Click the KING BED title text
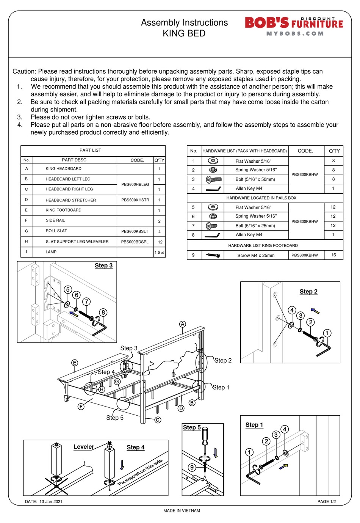click(184, 34)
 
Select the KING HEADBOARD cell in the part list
click(63, 169)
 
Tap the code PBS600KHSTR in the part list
click(135, 200)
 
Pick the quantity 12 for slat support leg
click(160, 242)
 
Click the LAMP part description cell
click(51, 252)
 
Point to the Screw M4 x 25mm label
click(256, 255)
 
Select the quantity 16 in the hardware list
click(333, 255)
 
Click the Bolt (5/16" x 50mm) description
click(255, 179)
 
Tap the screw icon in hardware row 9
click(213, 255)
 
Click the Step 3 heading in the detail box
click(103, 265)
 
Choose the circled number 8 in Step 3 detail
click(103, 313)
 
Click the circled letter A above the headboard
click(183, 324)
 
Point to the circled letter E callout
click(75, 363)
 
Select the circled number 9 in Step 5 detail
click(192, 467)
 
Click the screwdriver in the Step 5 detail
click(205, 440)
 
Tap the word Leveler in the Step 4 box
click(83, 447)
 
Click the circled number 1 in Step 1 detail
click(249, 452)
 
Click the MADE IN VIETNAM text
click(182, 510)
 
